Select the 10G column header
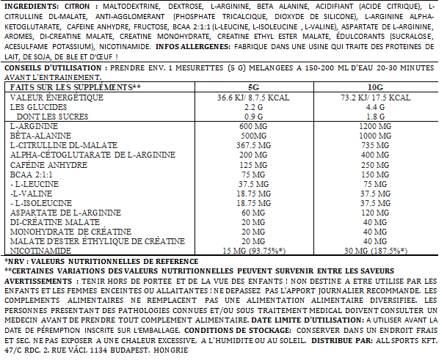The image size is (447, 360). tap(385, 88)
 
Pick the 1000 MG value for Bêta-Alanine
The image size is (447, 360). tap(385, 136)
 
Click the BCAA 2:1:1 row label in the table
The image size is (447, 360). tap(34, 175)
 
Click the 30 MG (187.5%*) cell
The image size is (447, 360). tap(385, 251)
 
